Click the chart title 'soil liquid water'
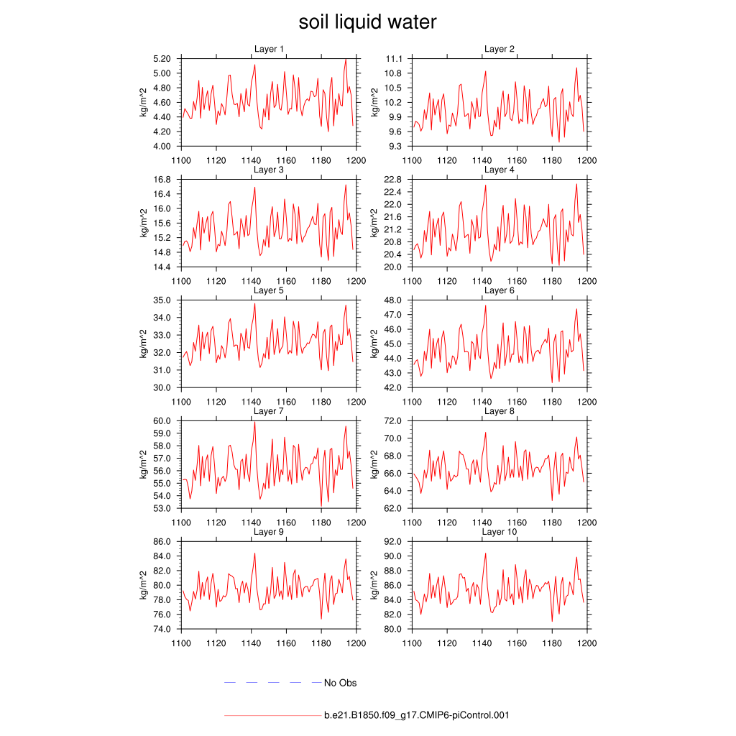(x=367, y=23)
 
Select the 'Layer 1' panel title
(x=269, y=49)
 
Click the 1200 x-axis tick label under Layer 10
(x=587, y=643)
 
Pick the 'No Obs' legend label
(x=340, y=683)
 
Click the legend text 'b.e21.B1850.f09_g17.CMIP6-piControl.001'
(x=417, y=715)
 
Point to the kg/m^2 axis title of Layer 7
(x=144, y=464)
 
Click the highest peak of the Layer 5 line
(x=254, y=303)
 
